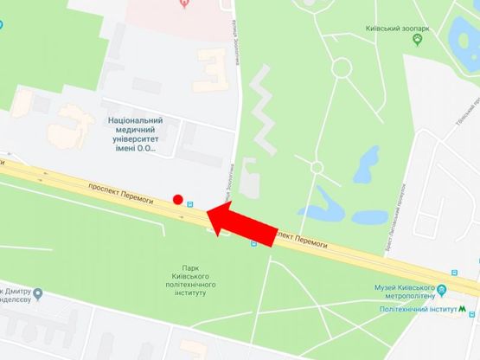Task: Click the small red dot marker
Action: [177, 200]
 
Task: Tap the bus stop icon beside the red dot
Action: [190, 205]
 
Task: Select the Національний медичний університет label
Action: [134, 134]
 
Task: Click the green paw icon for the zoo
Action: [419, 40]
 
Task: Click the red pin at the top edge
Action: [183, 3]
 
